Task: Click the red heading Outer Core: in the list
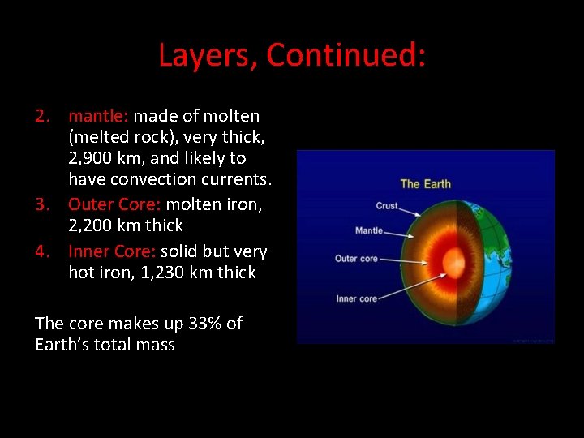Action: (x=114, y=204)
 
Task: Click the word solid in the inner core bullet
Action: (x=179, y=251)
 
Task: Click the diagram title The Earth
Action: (x=426, y=184)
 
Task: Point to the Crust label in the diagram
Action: (x=386, y=206)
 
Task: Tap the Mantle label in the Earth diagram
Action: (x=369, y=231)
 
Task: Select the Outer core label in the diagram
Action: (x=356, y=259)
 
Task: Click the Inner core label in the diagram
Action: (x=356, y=298)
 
